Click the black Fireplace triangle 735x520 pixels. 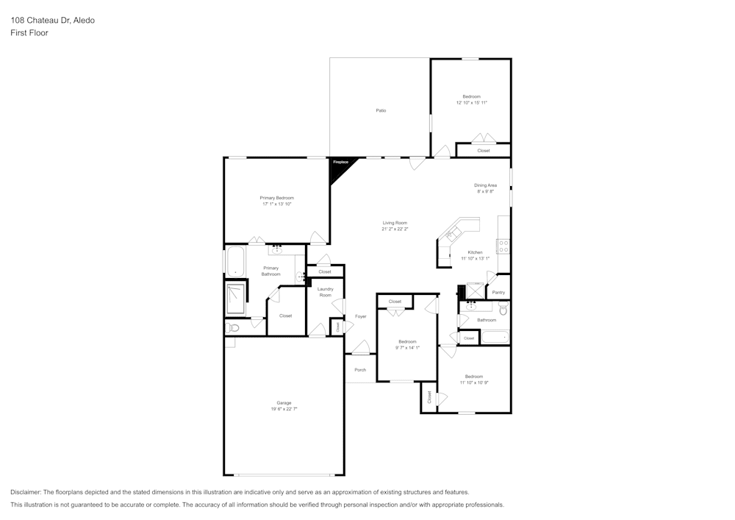340,168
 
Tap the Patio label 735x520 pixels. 381,110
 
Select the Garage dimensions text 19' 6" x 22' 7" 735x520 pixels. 284,408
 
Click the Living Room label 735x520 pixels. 395,223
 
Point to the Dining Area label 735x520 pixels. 485,185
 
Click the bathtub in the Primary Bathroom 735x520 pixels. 235,261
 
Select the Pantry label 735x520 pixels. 498,293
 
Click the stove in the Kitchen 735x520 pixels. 503,246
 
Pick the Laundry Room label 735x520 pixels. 325,292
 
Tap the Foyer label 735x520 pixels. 360,316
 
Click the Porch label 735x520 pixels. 360,370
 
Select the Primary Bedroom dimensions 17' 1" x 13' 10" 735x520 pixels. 276,204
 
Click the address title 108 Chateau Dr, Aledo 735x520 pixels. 52,21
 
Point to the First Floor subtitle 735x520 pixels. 29,33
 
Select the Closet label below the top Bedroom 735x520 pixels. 484,151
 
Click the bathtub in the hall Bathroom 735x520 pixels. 495,338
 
